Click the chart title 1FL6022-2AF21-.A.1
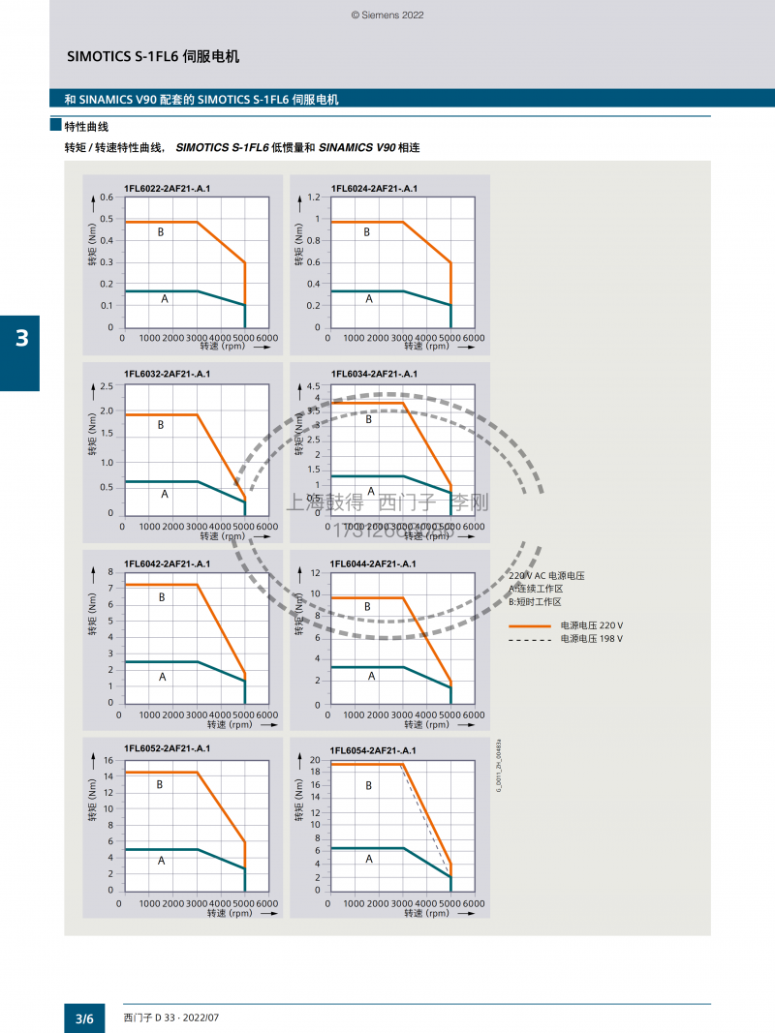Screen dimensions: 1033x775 (x=167, y=187)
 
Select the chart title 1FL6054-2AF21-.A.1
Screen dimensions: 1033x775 (x=373, y=750)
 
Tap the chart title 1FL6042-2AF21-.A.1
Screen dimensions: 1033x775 (x=167, y=562)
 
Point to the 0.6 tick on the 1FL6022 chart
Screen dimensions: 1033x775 (x=107, y=197)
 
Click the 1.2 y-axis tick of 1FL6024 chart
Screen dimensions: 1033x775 (x=313, y=197)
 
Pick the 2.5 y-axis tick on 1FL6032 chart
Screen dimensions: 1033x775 (x=107, y=386)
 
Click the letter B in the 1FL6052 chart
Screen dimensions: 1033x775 (x=160, y=785)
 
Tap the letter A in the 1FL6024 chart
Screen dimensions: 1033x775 (x=369, y=299)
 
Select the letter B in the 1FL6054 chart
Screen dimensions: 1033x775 (x=369, y=786)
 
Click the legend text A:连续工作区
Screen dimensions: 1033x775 (x=536, y=589)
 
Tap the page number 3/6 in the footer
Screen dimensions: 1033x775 (x=85, y=1018)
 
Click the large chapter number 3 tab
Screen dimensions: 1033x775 (x=20, y=339)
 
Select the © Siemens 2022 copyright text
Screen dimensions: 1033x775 (x=387, y=15)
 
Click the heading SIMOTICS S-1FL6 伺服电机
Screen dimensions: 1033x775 (x=153, y=56)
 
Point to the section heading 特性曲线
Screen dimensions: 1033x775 (x=86, y=126)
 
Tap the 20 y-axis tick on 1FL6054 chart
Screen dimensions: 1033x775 (x=314, y=761)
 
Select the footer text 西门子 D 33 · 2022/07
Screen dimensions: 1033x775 (x=172, y=1018)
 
